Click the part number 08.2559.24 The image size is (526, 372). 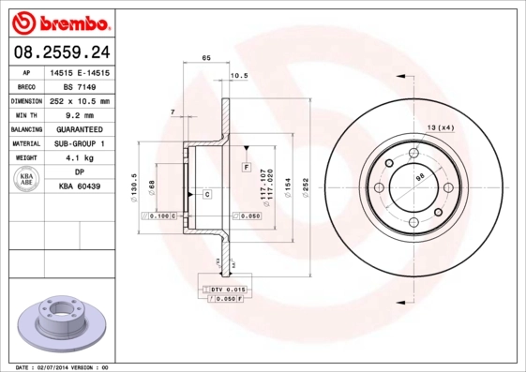(62, 50)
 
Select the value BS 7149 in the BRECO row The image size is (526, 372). (80, 85)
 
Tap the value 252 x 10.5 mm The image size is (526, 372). (80, 100)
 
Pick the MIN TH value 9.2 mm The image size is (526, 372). (80, 114)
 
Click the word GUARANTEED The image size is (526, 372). (80, 129)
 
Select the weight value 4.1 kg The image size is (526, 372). (80, 158)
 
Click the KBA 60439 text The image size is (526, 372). (80, 187)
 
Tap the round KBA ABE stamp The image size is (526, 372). (26, 181)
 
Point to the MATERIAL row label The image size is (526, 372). (26, 144)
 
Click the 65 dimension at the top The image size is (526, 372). (206, 59)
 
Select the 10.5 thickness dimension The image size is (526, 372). (238, 76)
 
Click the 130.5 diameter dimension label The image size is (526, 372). (136, 180)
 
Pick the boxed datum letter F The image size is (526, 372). (246, 166)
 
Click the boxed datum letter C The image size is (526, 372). (205, 193)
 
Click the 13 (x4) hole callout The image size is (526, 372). (440, 126)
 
